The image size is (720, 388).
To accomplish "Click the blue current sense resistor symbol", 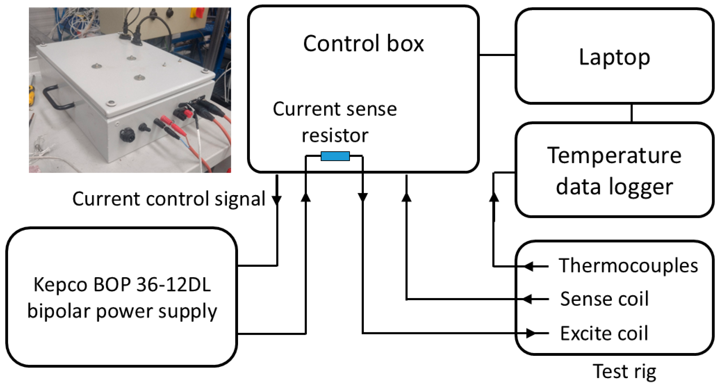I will coord(335,156).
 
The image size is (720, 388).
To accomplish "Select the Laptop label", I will coord(614,57).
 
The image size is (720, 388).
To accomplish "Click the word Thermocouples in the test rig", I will coord(628,266).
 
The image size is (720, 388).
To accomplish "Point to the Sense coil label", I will coord(604,299).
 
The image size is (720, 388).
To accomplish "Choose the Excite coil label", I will coord(604,333).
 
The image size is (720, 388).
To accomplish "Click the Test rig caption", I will coord(624,372).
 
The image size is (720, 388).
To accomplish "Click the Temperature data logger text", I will coord(614,171).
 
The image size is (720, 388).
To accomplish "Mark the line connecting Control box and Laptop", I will coord(497,55).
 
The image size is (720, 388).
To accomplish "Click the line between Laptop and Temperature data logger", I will coord(631,113).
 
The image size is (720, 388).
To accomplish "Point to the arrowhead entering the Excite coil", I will coord(531,333).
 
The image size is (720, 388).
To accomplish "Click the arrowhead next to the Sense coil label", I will coord(528,299).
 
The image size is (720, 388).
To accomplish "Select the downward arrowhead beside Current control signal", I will coord(277,200).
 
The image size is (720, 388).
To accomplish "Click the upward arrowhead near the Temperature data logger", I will coord(494,197).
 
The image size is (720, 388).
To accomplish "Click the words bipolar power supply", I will coord(122,311).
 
